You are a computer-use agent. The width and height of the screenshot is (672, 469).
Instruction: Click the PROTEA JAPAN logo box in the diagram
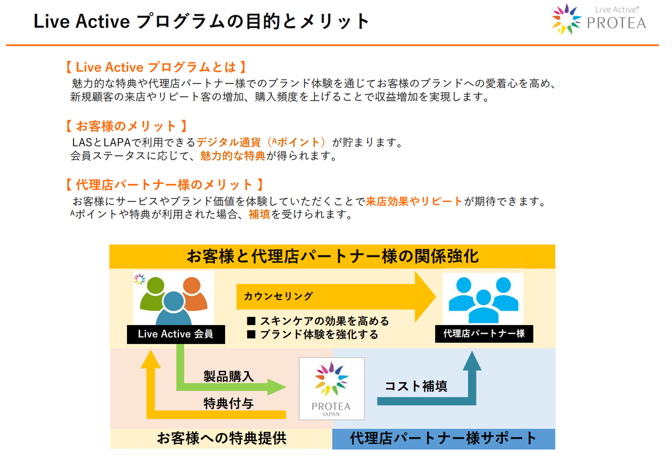(x=332, y=388)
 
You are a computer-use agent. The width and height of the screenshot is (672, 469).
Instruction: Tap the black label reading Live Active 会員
(x=176, y=334)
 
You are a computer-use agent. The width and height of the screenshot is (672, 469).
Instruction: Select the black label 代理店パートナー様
(x=484, y=334)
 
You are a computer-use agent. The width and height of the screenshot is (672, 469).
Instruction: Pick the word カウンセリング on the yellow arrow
(x=278, y=296)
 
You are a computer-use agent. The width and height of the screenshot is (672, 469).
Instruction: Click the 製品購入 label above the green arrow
(x=229, y=376)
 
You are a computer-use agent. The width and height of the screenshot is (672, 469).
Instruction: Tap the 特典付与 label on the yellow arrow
(x=229, y=403)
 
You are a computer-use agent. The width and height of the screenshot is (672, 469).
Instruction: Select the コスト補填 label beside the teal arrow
(x=416, y=386)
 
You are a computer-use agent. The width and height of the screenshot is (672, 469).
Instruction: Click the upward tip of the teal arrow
(x=472, y=351)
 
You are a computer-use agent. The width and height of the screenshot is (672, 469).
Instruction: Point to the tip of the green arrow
(x=286, y=386)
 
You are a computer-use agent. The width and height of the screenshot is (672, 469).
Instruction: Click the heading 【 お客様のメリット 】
(x=126, y=126)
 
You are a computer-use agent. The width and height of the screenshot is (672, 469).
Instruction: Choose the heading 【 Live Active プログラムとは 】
(x=156, y=67)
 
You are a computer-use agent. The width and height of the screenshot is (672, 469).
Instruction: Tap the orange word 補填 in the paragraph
(x=259, y=214)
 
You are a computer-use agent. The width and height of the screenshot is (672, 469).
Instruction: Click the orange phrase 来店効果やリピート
(x=414, y=201)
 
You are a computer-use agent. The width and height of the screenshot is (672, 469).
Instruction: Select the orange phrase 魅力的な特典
(x=233, y=156)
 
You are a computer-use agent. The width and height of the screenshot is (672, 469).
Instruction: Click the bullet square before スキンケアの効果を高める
(x=251, y=321)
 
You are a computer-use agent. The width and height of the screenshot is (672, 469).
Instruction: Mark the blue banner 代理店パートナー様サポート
(x=444, y=439)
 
